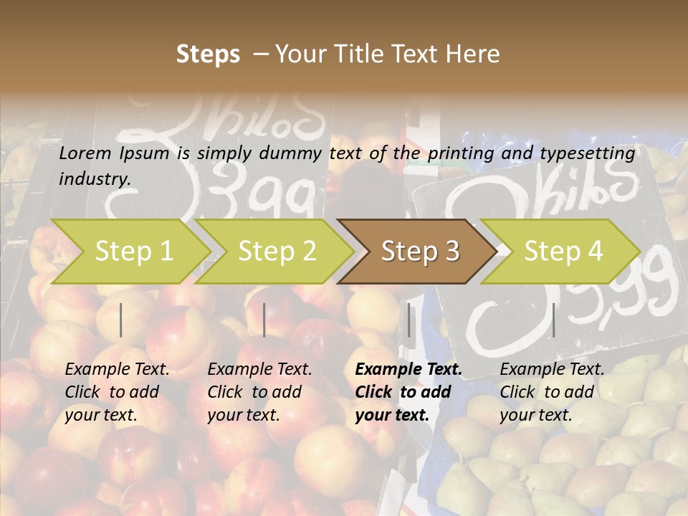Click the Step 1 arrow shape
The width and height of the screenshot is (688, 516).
[133, 252]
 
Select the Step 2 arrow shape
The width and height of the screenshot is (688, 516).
[277, 252]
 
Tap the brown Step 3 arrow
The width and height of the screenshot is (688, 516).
[420, 252]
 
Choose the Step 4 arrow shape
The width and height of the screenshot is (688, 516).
[563, 252]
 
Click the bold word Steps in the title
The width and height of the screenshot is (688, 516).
[208, 54]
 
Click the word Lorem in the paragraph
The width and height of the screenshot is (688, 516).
[84, 153]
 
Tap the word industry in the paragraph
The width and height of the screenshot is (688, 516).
[94, 179]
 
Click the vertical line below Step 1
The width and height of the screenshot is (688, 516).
[121, 320]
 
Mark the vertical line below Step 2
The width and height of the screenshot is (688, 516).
[264, 320]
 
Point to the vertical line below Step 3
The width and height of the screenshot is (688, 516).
[409, 320]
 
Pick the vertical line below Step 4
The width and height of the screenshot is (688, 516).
[554, 320]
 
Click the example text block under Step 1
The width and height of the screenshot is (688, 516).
[117, 392]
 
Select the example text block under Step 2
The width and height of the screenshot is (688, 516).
[259, 392]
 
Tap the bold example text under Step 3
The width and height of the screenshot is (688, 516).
[408, 392]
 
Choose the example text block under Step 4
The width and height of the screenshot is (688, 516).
[552, 392]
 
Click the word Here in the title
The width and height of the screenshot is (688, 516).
[473, 54]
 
